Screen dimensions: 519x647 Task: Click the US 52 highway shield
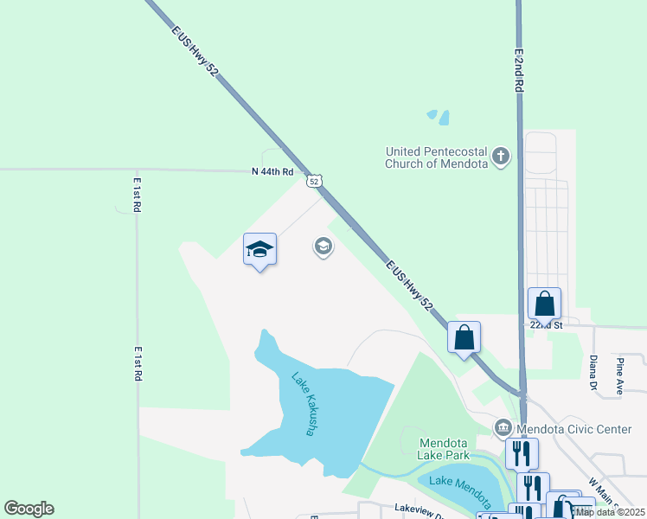tap(315, 181)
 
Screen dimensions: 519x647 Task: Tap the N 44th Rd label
tap(273, 171)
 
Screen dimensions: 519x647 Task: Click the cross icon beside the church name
tap(500, 157)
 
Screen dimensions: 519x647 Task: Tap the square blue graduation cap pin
tap(259, 250)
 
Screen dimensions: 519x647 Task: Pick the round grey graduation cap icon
tap(323, 247)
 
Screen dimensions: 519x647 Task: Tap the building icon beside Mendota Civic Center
tap(503, 428)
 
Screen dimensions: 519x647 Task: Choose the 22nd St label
tap(547, 325)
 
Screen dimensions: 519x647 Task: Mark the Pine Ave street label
tap(620, 375)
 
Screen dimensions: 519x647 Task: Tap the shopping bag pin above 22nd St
tap(544, 304)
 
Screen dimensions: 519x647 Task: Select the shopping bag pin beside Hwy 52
tap(464, 337)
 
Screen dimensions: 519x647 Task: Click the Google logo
tap(29, 509)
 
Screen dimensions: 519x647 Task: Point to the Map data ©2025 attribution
tap(611, 512)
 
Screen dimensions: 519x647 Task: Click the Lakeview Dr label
tap(419, 510)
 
